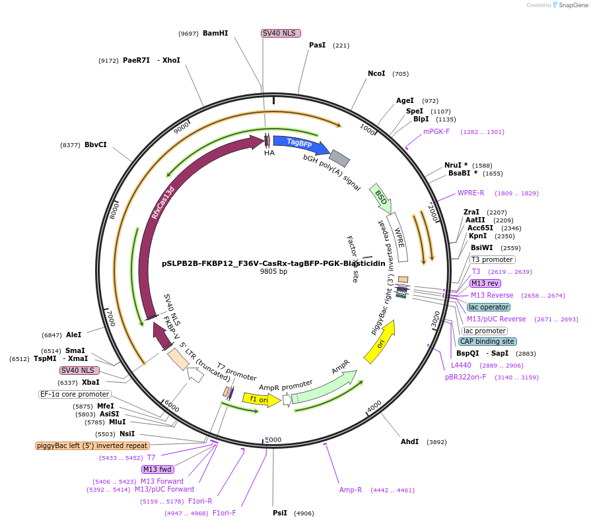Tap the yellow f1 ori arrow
pyautogui.click(x=260, y=399)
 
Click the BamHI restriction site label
pyautogui.click(x=215, y=33)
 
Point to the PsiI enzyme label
pyautogui.click(x=280, y=513)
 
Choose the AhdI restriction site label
pyautogui.click(x=410, y=442)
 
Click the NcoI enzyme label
pyautogui.click(x=376, y=73)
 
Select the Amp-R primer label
pyautogui.click(x=351, y=490)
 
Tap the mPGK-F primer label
pyautogui.click(x=436, y=131)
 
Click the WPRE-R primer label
pyautogui.click(x=471, y=193)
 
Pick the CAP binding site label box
pyautogui.click(x=487, y=341)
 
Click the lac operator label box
pyautogui.click(x=488, y=307)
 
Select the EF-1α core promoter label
pyautogui.click(x=75, y=394)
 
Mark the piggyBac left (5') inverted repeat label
pyautogui.click(x=92, y=445)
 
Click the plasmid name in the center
pyautogui.click(x=273, y=263)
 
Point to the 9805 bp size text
pyautogui.click(x=273, y=271)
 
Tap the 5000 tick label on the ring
pyautogui.click(x=273, y=439)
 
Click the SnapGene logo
pyautogui.click(x=569, y=5)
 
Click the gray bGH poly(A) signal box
pyautogui.click(x=339, y=158)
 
